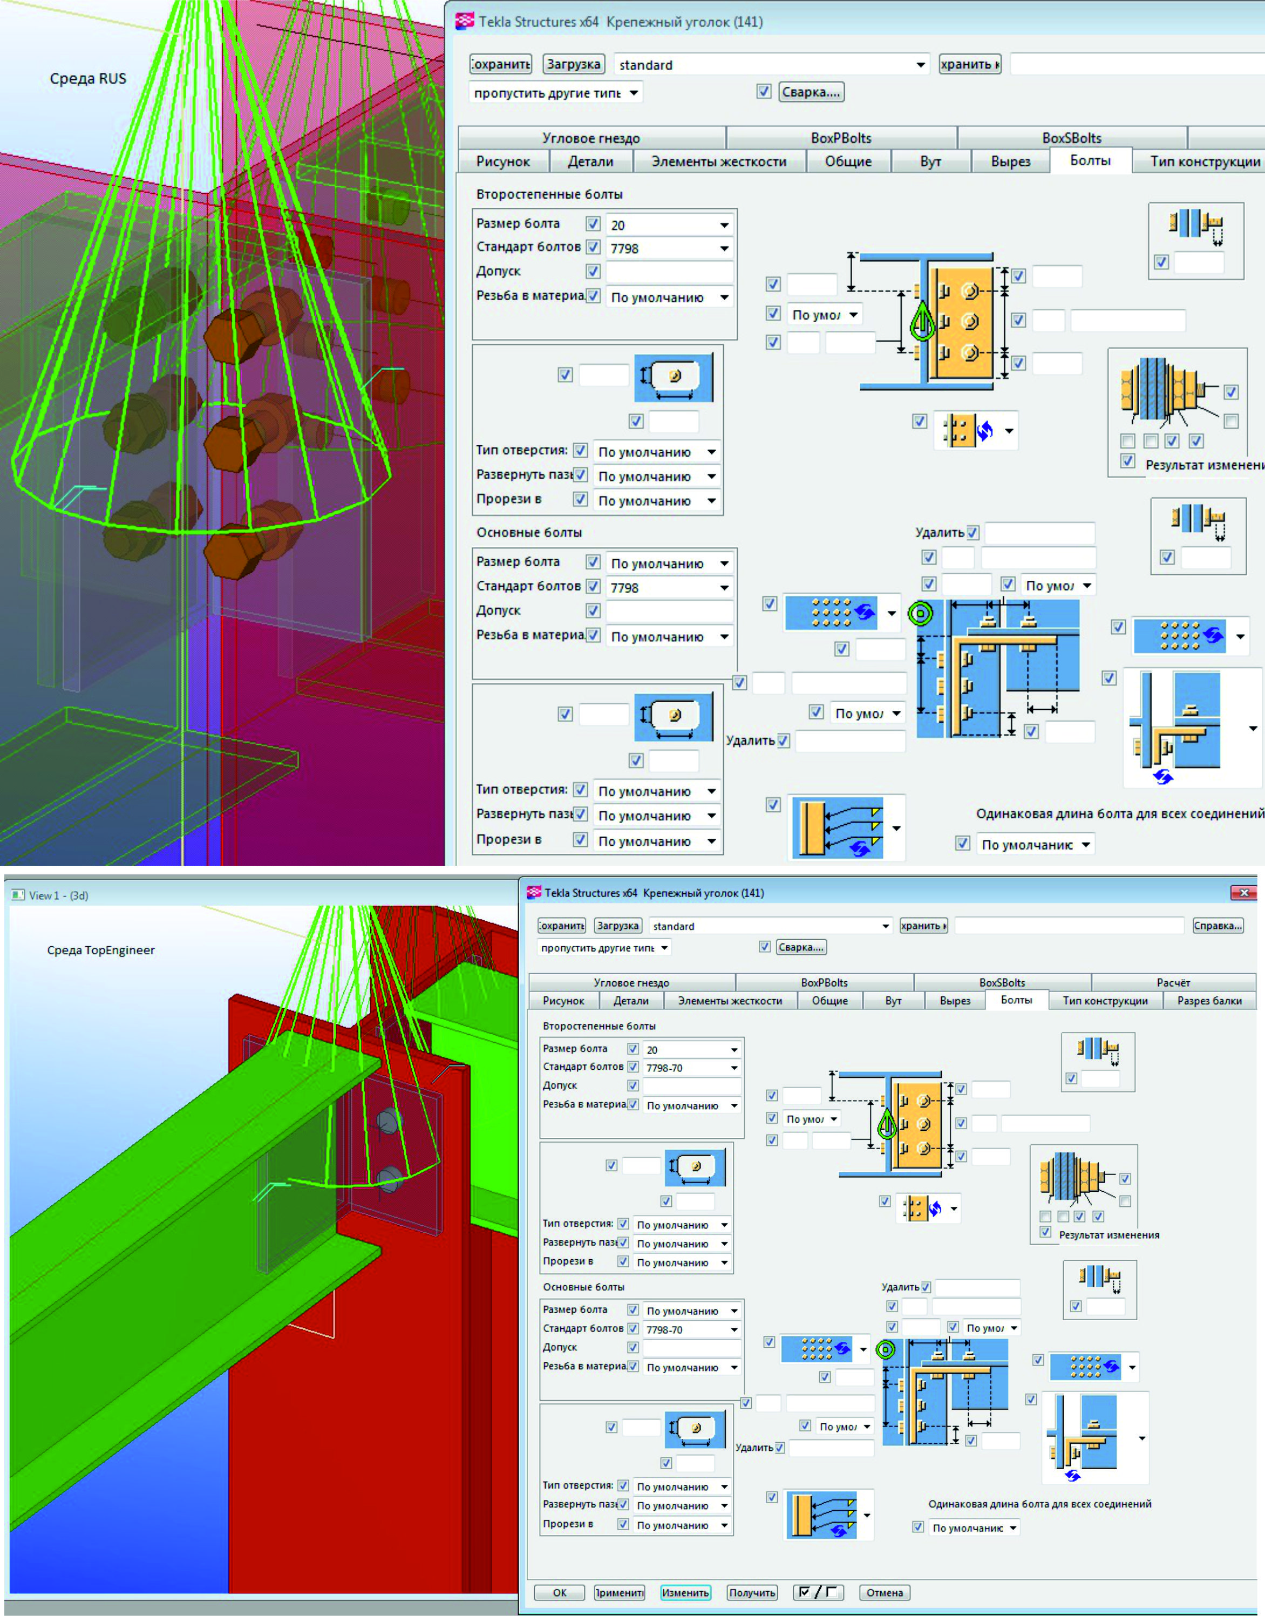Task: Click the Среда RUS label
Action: click(x=88, y=78)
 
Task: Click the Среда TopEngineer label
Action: click(x=101, y=950)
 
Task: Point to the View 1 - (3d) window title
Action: click(x=58, y=895)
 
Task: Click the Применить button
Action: click(x=619, y=1592)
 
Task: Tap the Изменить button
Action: click(x=685, y=1592)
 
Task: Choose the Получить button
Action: click(x=752, y=1592)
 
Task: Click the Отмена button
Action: click(x=885, y=1592)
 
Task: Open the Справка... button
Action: click(x=1218, y=926)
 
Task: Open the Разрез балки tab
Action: click(x=1209, y=1001)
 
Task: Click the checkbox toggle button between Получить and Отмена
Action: click(x=818, y=1592)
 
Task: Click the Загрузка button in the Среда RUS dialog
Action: click(x=573, y=64)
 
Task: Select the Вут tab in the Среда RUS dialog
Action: click(x=930, y=161)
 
